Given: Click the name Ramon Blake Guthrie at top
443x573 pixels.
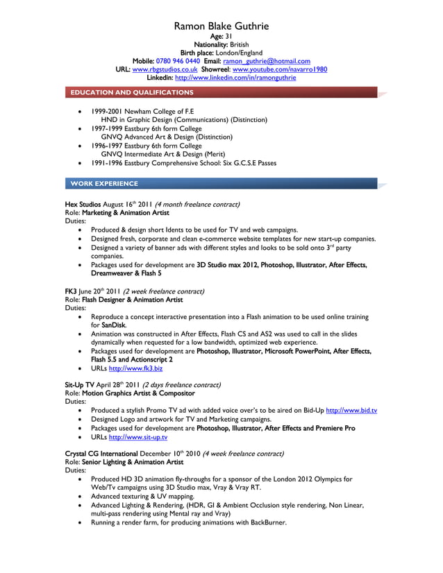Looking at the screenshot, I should point(221,27).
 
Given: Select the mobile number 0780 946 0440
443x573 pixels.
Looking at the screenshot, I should point(178,61).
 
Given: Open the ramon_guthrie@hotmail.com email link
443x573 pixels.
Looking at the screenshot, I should point(267,61).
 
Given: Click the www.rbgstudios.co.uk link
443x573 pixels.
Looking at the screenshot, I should point(165,69).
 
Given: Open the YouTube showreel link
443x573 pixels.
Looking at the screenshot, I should point(280,69).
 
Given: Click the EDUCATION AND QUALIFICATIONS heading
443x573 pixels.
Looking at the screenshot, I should point(131,92).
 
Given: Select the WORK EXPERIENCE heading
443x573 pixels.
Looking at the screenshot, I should point(104,184).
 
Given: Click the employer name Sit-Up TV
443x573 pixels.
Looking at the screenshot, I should point(78,384).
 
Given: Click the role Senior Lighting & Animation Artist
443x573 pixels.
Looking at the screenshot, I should point(133,461).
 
